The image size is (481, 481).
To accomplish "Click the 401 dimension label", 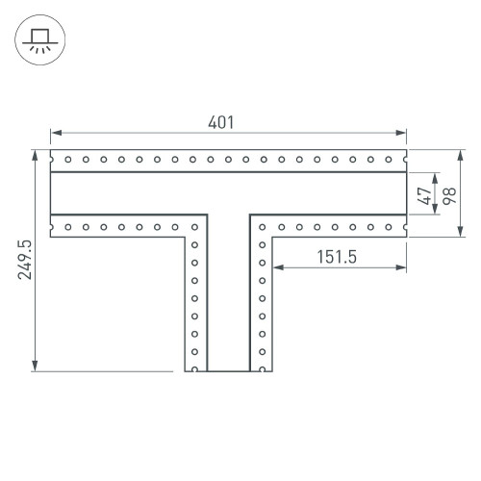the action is [220, 122].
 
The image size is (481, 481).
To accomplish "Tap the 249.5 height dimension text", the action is [25, 260].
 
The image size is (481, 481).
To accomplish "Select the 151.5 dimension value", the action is [337, 257].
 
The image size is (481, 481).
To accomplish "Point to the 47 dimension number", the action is [424, 196].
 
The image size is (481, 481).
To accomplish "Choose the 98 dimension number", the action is [449, 196].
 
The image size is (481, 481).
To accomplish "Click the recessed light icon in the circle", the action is [39, 40].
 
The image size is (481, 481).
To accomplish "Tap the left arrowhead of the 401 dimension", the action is [56, 133].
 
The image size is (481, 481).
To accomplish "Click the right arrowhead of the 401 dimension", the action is [401, 133].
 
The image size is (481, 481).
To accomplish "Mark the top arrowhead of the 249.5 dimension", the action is [35, 155].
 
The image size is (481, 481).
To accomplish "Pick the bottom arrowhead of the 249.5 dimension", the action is [35, 366].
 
